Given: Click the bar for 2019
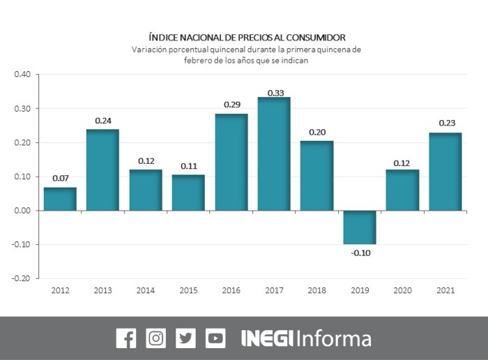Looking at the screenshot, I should point(359,227).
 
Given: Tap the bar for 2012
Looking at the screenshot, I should point(60,199).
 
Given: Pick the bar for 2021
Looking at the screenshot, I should point(445,172).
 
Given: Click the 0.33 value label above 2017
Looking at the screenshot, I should point(274,93).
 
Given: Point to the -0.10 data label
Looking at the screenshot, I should point(360,253).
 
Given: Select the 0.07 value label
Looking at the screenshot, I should point(60,179).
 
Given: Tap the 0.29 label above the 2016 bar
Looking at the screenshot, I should point(231,105).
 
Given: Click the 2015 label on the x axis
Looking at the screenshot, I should point(189,290).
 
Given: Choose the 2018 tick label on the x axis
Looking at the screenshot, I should point(317,290).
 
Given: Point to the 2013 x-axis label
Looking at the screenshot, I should point(103,290).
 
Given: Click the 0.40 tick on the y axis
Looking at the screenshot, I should point(22,75).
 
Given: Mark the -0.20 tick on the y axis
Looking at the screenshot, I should point(21,278).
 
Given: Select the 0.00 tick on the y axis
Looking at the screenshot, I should point(22,211).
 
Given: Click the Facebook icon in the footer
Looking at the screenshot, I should point(125,339).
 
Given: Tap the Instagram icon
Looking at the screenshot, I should point(155,339).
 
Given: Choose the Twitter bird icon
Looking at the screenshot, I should point(185,339).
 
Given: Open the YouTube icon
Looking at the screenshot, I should point(215,339).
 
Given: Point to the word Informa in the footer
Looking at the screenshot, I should point(334,339).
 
